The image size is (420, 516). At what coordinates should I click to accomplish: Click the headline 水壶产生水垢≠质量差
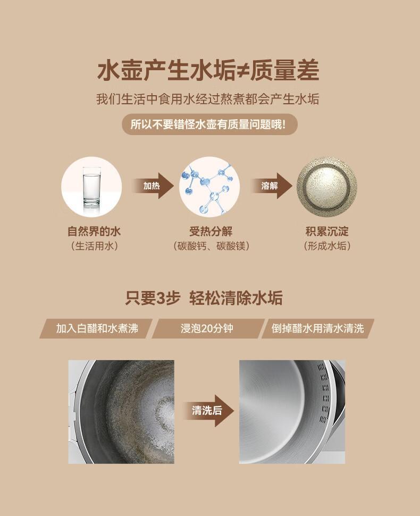208,70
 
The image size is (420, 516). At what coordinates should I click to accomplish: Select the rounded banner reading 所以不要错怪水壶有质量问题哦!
209,124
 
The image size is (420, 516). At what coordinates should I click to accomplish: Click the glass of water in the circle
91,187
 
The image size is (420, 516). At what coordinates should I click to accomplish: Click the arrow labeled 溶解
271,186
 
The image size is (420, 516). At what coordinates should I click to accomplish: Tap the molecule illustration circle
209,187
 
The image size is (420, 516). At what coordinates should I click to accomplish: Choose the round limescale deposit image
327,187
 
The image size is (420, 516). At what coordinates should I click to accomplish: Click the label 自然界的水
94,231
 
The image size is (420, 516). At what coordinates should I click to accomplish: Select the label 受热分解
211,231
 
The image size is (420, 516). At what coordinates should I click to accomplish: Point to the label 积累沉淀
327,231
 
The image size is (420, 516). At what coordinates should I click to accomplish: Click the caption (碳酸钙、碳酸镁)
211,246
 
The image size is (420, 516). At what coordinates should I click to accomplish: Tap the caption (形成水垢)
327,246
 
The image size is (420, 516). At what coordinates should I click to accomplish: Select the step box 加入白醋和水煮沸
96,328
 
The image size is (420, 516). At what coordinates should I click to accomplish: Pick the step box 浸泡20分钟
208,328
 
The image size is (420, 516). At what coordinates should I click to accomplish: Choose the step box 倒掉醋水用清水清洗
318,328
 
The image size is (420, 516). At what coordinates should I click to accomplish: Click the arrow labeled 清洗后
208,410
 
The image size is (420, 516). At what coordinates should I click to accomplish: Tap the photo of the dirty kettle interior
121,412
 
